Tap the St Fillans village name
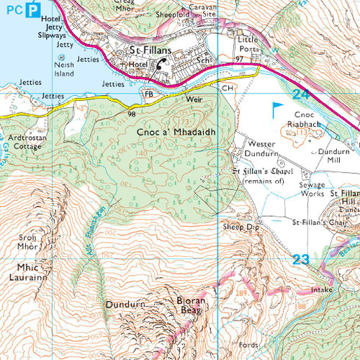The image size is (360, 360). (150, 52)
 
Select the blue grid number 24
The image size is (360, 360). (302, 94)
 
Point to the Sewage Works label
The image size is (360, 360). (312, 189)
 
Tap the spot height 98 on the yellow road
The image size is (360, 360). (132, 114)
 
